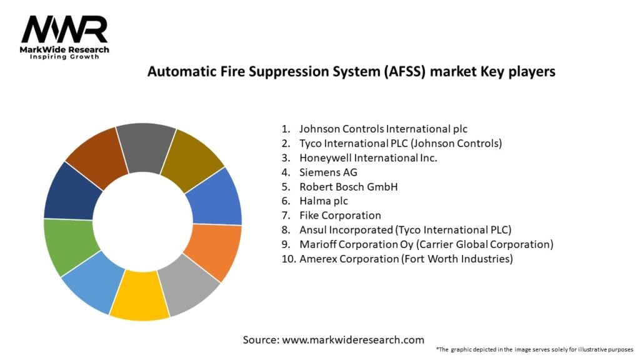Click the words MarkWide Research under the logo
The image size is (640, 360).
tap(65, 50)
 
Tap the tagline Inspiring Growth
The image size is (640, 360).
tap(65, 57)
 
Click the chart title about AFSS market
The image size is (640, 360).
tap(351, 71)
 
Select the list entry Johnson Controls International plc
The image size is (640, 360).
tap(383, 129)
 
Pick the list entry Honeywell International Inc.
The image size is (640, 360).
tap(368, 157)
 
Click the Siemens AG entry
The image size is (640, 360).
tap(328, 172)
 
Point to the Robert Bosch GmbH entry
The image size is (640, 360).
tap(348, 186)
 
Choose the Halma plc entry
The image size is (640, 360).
tap(323, 201)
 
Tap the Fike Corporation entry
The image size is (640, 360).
tap(340, 215)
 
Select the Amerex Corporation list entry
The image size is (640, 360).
tap(406, 258)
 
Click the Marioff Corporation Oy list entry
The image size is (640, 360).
tap(426, 244)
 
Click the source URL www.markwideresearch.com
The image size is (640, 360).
tap(352, 340)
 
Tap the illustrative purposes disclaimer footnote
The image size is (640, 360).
tap(534, 349)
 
